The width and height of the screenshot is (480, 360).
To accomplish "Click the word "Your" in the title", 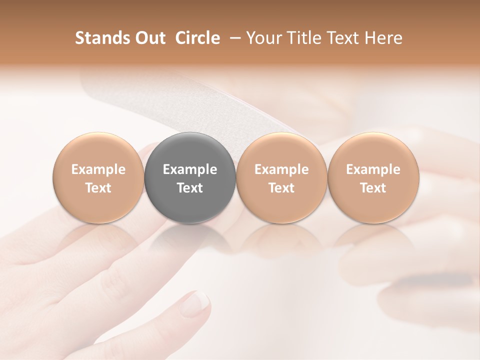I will click(263, 38).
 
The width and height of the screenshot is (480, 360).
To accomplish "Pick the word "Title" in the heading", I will click(302, 38).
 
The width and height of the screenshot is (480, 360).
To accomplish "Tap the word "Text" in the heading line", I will click(342, 38).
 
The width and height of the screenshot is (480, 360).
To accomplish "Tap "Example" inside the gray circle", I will click(190, 169).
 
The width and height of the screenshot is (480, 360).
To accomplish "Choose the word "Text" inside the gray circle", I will click(190, 188).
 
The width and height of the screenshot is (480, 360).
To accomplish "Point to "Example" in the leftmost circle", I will click(98, 169).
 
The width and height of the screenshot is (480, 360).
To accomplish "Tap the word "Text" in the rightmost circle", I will click(373, 188).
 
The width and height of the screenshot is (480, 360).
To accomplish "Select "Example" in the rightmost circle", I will click(373, 169).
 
